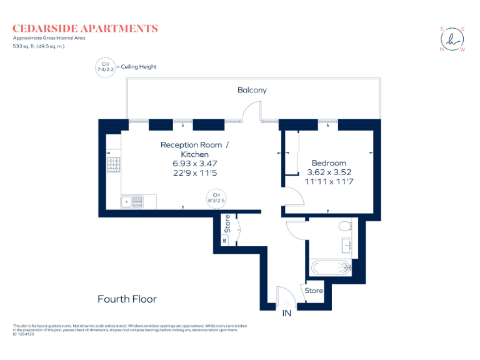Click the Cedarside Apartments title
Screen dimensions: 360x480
coord(85,28)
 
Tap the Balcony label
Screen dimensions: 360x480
coord(252,90)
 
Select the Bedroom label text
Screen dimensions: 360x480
coord(329,163)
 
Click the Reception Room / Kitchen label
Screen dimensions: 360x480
coord(194,149)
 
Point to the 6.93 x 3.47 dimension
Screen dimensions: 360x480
coord(194,164)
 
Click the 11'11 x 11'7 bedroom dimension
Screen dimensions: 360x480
coord(329,182)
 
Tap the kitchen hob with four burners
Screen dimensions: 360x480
coord(114,164)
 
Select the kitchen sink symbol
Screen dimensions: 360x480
coord(132,201)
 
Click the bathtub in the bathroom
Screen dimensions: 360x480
coord(330,268)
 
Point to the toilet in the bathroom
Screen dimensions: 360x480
coord(342,226)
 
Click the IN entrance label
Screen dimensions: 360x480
coord(287,312)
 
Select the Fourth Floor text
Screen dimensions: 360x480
coord(127,299)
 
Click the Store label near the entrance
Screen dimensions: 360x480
coord(314,291)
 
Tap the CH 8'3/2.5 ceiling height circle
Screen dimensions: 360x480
coord(216,199)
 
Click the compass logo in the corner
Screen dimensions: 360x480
coord(452,39)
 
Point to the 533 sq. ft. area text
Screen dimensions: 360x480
coord(39,46)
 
